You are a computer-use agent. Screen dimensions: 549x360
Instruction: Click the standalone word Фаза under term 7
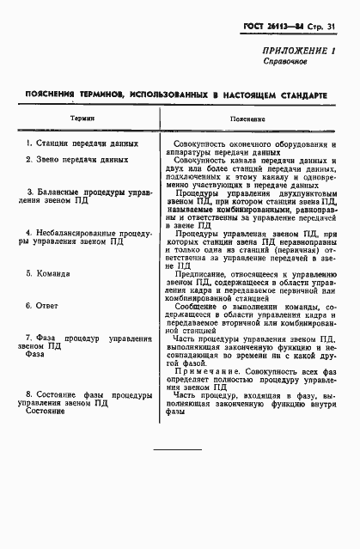coord(35,353)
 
